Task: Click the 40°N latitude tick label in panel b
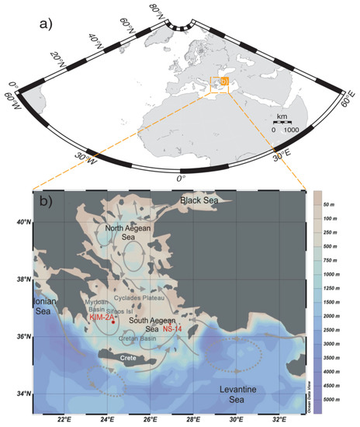(22, 222)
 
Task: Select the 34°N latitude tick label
(22, 394)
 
